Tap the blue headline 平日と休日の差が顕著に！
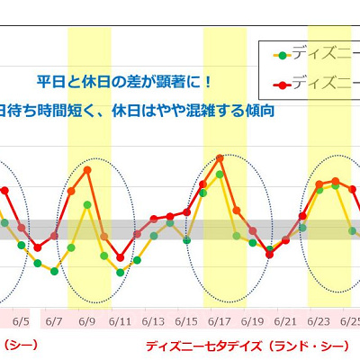pos(125,82)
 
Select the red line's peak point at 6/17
pos(220,158)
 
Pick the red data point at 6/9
pos(87,169)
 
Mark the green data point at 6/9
pos(87,205)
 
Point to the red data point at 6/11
pos(121,257)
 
